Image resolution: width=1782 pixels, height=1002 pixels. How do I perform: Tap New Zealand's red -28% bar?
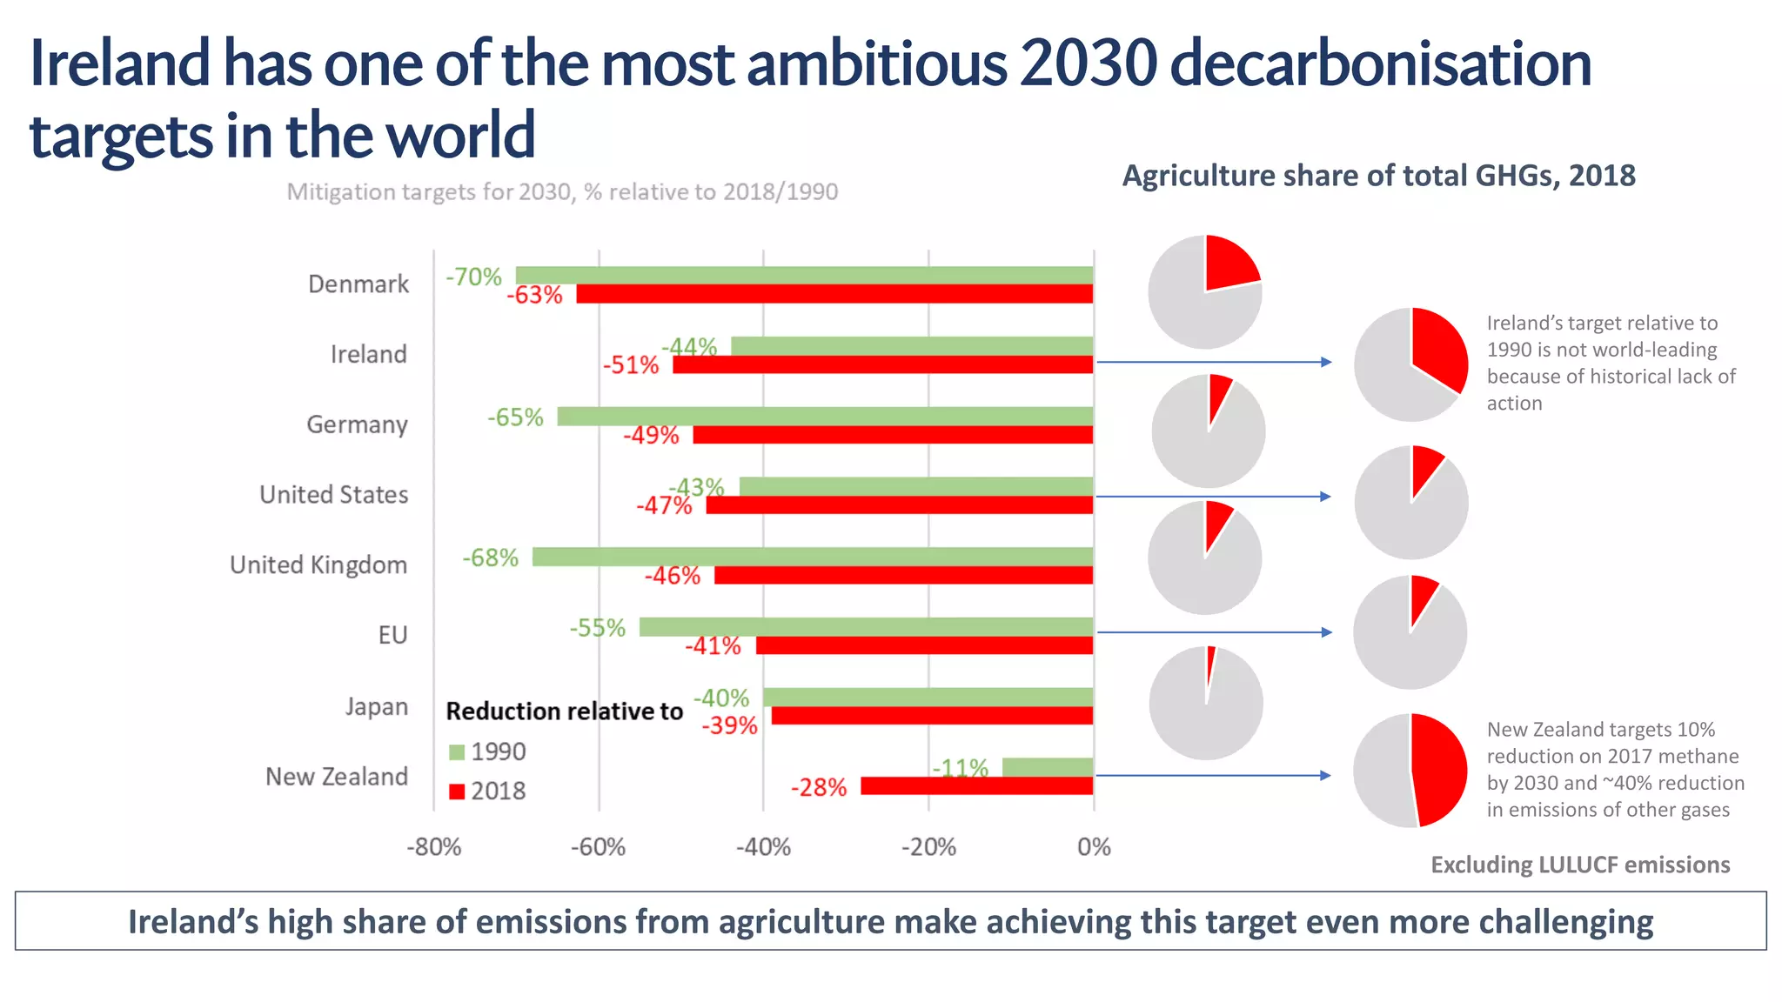[x=976, y=786]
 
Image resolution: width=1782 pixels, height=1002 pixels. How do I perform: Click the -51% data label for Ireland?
[x=631, y=365]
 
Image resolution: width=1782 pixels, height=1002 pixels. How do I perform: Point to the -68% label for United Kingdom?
[x=491, y=558]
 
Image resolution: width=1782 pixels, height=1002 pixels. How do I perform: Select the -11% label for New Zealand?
[x=961, y=768]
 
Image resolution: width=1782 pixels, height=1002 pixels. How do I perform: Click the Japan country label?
[x=377, y=706]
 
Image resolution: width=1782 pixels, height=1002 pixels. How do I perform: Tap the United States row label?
[x=334, y=495]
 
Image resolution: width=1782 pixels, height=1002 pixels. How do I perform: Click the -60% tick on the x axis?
[x=598, y=847]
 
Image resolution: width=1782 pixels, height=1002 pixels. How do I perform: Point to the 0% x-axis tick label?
[x=1094, y=847]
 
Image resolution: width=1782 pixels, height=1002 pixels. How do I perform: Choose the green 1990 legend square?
[x=457, y=752]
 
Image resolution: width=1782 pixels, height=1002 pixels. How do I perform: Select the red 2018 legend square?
[x=457, y=792]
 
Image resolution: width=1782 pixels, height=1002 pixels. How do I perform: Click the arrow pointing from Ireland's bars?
[x=1214, y=362]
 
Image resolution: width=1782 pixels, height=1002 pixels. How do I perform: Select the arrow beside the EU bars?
[x=1214, y=632]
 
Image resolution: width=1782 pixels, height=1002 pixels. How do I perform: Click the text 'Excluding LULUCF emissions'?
[x=1580, y=865]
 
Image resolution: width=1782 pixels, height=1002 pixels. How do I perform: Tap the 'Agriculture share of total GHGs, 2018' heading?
[x=1378, y=176]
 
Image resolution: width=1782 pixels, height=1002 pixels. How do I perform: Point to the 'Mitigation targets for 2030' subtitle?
[x=562, y=192]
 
